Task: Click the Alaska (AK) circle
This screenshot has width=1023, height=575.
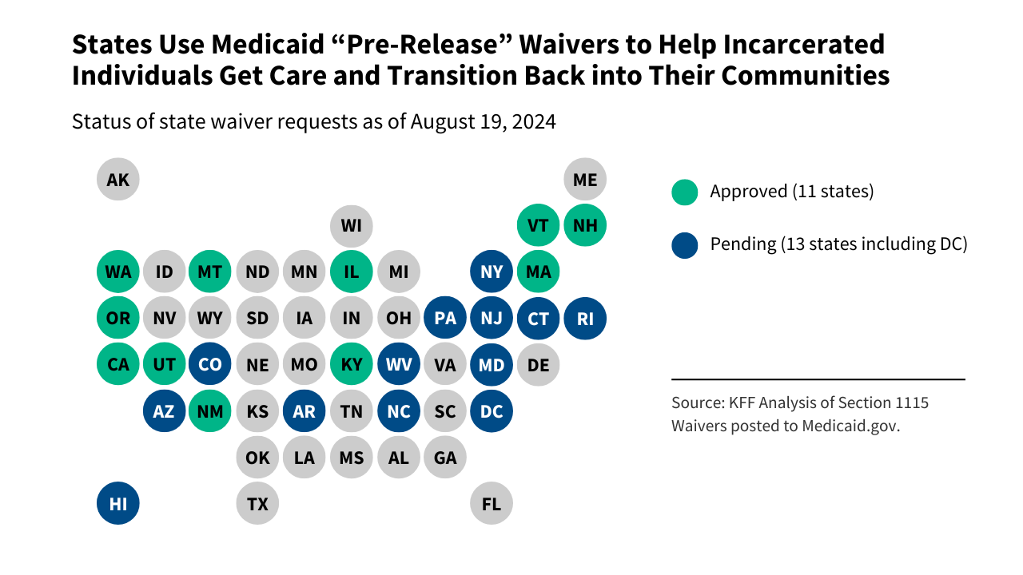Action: click(118, 179)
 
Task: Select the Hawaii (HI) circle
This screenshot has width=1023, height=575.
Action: click(118, 503)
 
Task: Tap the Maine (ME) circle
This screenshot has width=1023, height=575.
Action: click(585, 179)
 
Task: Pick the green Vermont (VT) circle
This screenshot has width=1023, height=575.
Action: click(538, 225)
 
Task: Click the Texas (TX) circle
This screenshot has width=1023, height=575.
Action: click(257, 503)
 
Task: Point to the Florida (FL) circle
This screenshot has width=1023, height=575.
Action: click(492, 503)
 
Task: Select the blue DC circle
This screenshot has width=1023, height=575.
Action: click(492, 411)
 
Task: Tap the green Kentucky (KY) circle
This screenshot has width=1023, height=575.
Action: click(352, 365)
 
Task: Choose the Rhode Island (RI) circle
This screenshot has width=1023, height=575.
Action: click(585, 319)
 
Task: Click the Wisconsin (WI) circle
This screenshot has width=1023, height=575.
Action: click(352, 225)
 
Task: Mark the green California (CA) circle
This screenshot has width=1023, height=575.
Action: click(118, 365)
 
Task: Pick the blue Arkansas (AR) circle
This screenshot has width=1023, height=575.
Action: click(305, 411)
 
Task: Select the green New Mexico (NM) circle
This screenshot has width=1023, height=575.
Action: click(210, 411)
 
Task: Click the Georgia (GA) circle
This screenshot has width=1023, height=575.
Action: click(445, 458)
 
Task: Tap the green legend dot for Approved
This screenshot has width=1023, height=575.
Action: click(685, 192)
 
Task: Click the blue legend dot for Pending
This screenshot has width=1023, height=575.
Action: click(685, 244)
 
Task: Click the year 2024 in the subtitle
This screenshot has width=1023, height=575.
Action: click(533, 122)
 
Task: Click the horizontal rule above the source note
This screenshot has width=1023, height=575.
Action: click(818, 379)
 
